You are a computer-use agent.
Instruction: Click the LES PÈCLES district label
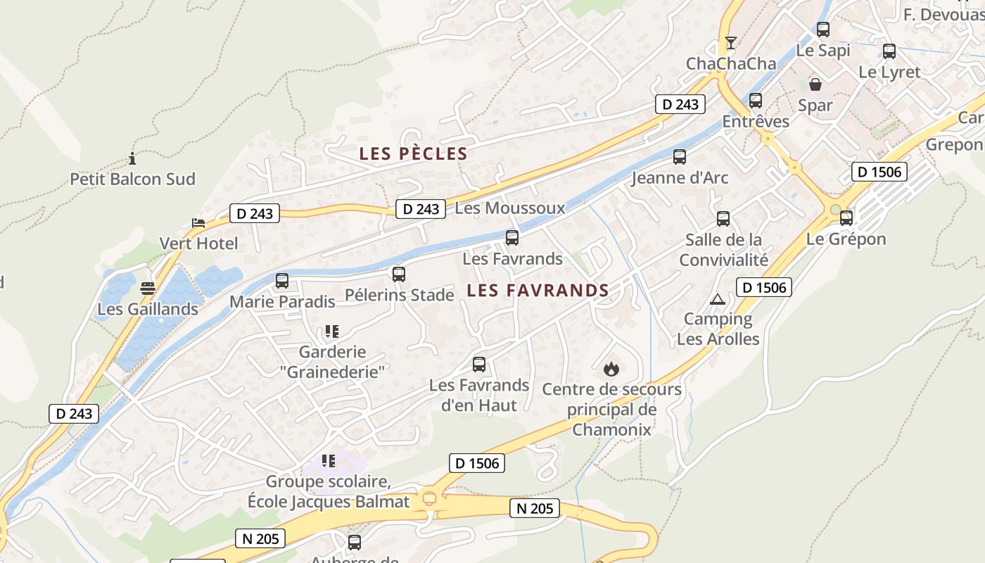pos(413,153)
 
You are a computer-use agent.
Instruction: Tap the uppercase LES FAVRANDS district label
pos(538,290)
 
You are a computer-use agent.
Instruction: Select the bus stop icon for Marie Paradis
pos(282,281)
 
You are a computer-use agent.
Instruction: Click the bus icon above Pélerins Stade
pos(399,274)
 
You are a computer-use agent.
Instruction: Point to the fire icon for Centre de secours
pos(611,368)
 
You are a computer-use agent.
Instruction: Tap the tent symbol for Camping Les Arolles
pos(717,299)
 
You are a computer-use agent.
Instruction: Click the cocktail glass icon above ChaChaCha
pos(731,43)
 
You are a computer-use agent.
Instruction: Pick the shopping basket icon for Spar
pos(815,84)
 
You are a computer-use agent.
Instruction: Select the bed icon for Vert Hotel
pos(198,223)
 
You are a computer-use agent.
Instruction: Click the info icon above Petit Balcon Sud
pos(132,158)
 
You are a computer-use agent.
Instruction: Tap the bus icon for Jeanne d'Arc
pos(680,157)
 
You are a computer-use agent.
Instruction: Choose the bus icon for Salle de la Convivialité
pos(723,219)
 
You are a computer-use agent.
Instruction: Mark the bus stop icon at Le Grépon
pos(846,218)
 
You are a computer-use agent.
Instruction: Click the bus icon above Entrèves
pos(756,101)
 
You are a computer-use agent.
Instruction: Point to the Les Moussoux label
pos(509,208)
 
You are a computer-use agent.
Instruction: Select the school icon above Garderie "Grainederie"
pos(331,331)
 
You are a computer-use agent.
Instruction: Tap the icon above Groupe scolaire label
pos(328,461)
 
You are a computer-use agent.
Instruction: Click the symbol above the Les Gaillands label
pos(148,288)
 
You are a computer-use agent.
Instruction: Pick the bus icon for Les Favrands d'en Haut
pos(479,365)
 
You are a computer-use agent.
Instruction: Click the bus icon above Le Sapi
pos(823,30)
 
